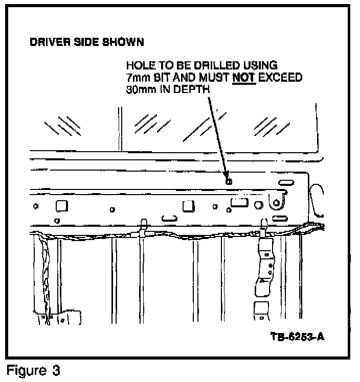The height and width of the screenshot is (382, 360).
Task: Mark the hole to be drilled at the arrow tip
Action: click(229, 181)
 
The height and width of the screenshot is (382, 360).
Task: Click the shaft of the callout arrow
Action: click(218, 135)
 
